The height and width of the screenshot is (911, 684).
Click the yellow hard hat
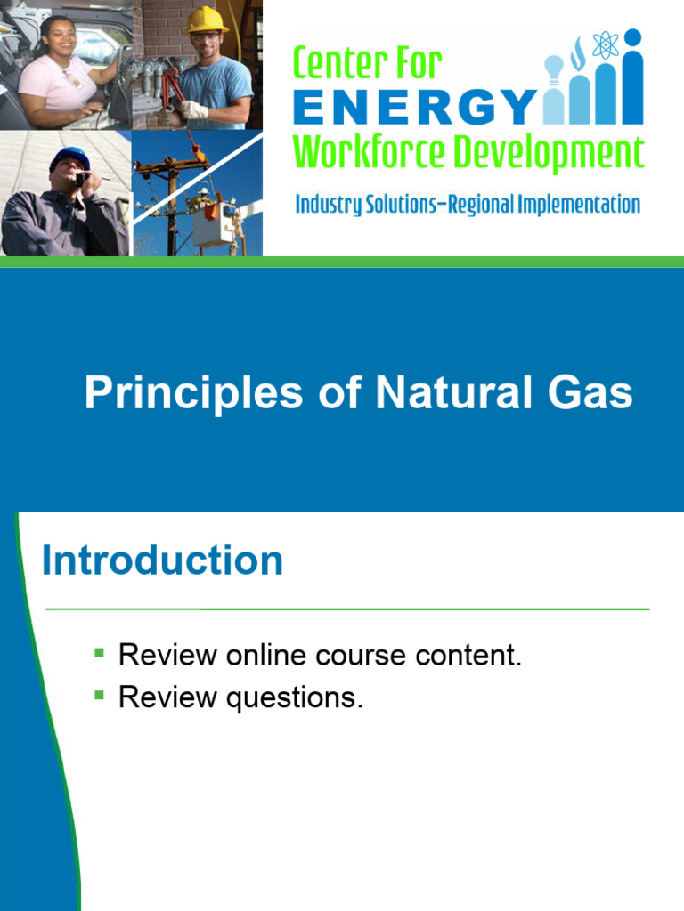click(x=206, y=20)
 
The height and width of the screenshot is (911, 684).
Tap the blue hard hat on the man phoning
click(x=70, y=157)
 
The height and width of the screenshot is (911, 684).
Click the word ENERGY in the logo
click(x=414, y=109)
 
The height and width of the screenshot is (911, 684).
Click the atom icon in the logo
click(x=606, y=44)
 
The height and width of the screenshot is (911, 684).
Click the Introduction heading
click(x=162, y=560)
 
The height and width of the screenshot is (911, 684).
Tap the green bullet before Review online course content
click(x=100, y=654)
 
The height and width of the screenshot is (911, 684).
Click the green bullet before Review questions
click(x=100, y=695)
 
